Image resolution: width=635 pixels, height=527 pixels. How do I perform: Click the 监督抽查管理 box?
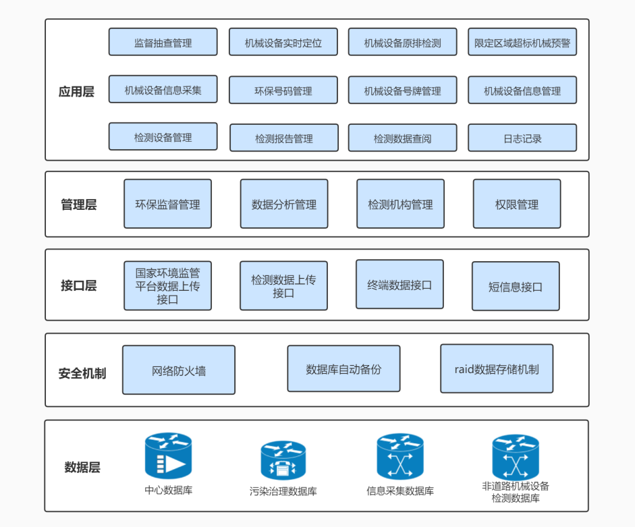pos(163,42)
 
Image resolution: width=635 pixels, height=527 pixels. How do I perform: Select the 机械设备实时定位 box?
pos(283,42)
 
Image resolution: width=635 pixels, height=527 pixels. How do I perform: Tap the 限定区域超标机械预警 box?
pos(522,42)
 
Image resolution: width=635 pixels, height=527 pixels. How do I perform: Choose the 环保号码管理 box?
pos(283,90)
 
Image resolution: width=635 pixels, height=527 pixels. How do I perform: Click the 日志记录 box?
pos(522,138)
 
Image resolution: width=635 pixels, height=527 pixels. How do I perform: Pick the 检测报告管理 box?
pos(284,138)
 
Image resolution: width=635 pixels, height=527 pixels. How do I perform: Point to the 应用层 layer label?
pos(76,92)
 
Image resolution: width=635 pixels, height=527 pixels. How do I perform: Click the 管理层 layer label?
pos(78,204)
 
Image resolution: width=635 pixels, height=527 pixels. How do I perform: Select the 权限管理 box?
pos(517,204)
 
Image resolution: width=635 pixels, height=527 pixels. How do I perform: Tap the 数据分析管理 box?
pos(284,204)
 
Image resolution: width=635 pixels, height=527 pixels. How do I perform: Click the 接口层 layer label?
pos(78,285)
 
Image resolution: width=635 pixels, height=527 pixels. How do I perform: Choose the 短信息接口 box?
pos(516,286)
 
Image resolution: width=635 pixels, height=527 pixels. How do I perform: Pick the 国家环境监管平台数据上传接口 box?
pos(167,285)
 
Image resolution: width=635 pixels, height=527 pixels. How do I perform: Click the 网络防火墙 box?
pos(179,370)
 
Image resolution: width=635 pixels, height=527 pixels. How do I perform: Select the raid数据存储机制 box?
pos(497,368)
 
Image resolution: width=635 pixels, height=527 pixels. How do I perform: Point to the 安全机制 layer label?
pos(82,373)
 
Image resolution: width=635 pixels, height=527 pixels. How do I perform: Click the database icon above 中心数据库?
pos(169,455)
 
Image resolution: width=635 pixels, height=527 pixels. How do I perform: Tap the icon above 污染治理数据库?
pos(283,461)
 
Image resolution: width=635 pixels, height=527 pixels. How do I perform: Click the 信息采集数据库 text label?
pos(400,491)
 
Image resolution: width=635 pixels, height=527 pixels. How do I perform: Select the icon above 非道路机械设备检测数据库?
pos(516,457)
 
